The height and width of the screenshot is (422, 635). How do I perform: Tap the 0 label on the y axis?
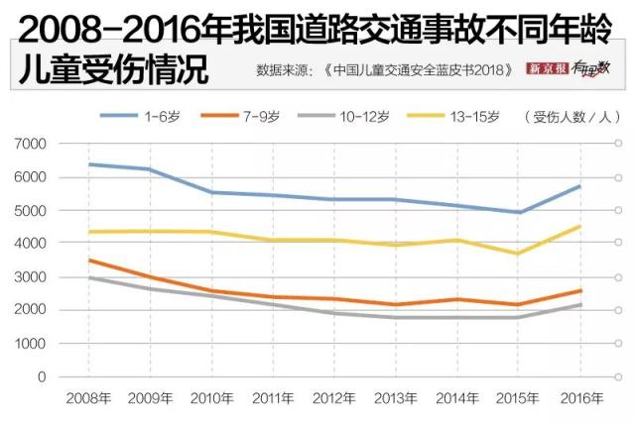[42, 377]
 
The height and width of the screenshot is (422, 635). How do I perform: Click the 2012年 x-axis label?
[334, 398]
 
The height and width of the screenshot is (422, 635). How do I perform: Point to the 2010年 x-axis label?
[212, 398]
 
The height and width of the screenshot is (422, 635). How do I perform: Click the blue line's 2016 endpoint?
[579, 186]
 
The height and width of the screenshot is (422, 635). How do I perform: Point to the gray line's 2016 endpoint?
[579, 305]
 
